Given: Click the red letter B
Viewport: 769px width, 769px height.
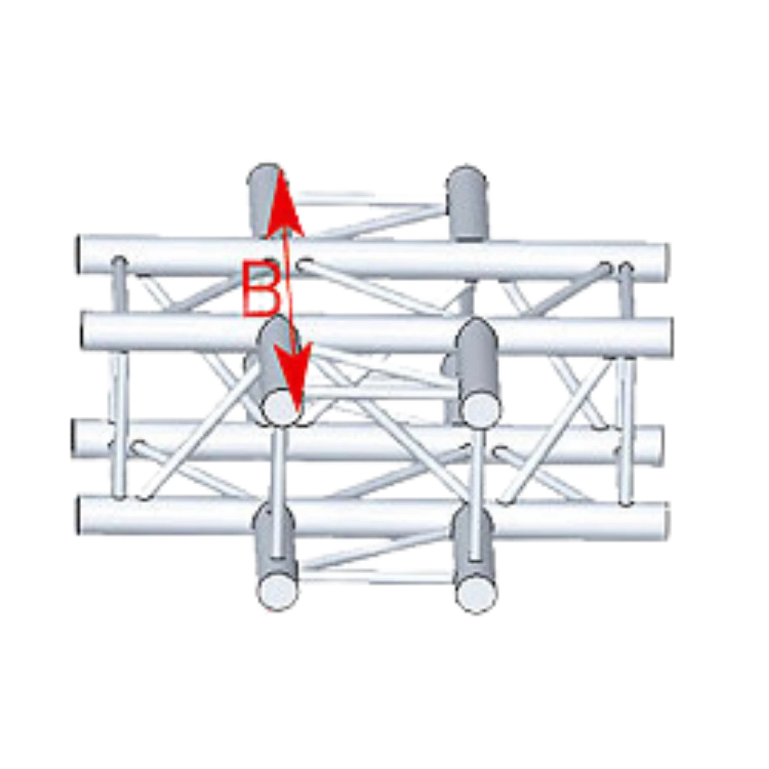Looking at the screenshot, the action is point(261,289).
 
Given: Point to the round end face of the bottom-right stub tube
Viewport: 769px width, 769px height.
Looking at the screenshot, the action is point(476,592).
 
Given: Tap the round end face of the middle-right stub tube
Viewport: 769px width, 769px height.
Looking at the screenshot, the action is point(483,407).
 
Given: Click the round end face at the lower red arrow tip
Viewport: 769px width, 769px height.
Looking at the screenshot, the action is point(283,407).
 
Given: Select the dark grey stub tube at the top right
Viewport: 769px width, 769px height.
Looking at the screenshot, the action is point(468,204).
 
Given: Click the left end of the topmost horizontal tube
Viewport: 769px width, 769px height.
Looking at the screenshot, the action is point(78,254).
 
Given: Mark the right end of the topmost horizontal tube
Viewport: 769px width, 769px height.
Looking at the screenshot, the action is point(665,262).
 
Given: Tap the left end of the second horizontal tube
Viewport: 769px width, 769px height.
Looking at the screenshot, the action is point(84,332).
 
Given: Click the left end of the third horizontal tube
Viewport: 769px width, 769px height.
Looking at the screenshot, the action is point(75,438).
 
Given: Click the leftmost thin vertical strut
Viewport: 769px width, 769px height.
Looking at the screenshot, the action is point(118,377).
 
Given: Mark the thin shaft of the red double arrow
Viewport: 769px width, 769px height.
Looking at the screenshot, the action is point(289,289).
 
